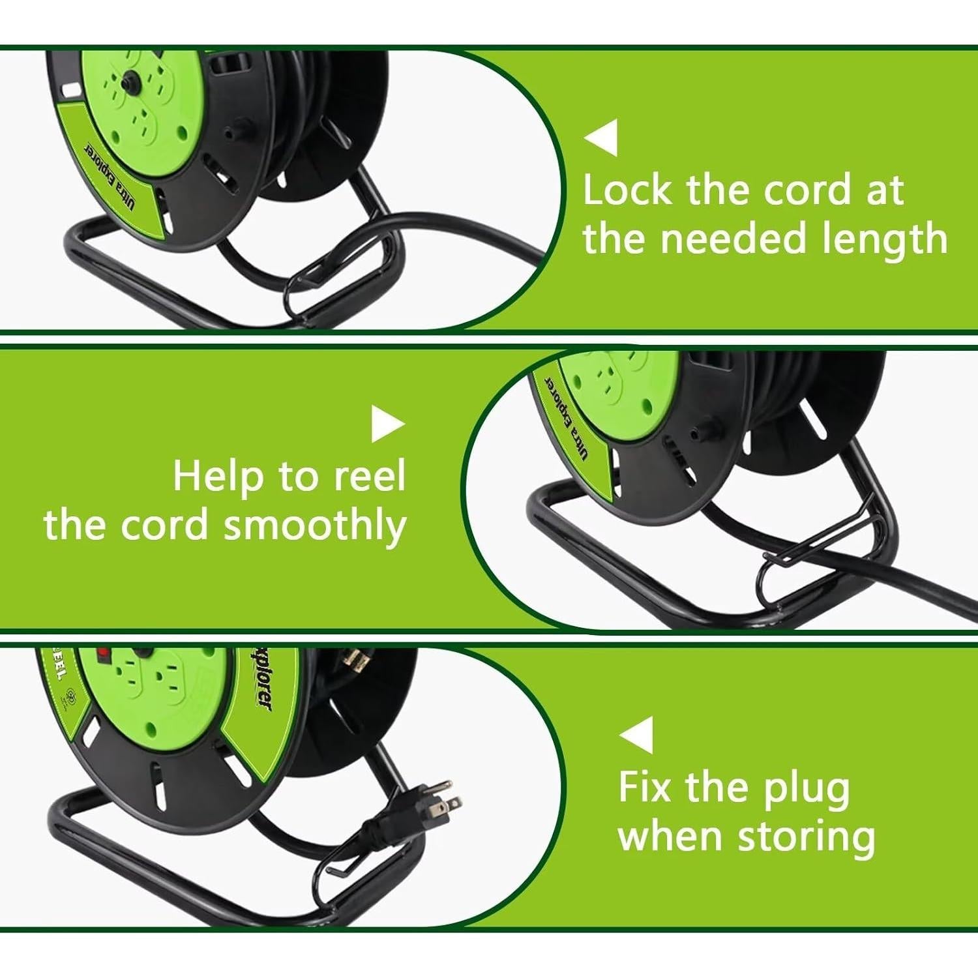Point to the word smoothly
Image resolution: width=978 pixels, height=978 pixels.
click(x=315, y=527)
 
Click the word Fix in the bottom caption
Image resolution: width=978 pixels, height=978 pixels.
click(x=644, y=787)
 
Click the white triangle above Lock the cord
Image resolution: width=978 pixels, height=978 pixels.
click(x=603, y=138)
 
